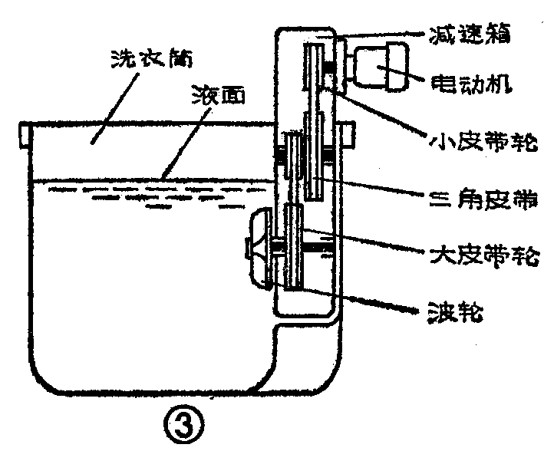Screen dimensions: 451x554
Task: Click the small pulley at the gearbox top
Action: (315, 69)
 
